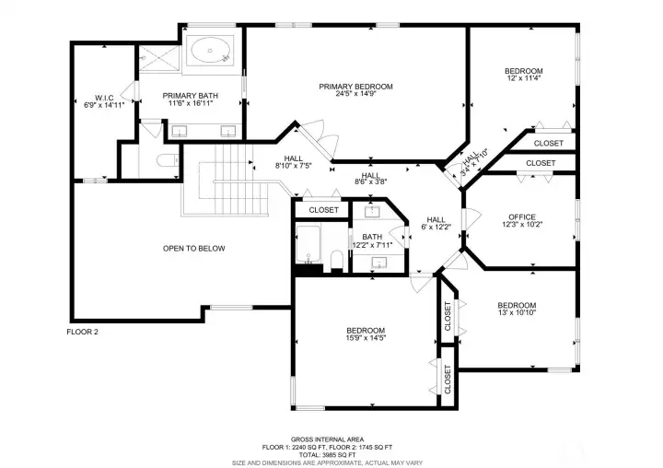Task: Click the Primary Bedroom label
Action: coord(355,87)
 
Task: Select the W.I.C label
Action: coord(103,97)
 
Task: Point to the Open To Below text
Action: coord(193,248)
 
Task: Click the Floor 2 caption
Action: coord(82,332)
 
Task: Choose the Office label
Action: coord(521,216)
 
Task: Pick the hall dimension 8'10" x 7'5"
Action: coord(294,167)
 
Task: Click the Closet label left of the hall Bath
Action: coord(323,210)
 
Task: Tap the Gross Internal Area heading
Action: coord(327,439)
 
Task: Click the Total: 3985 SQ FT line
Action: coord(327,454)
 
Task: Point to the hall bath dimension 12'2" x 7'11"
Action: coord(372,245)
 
